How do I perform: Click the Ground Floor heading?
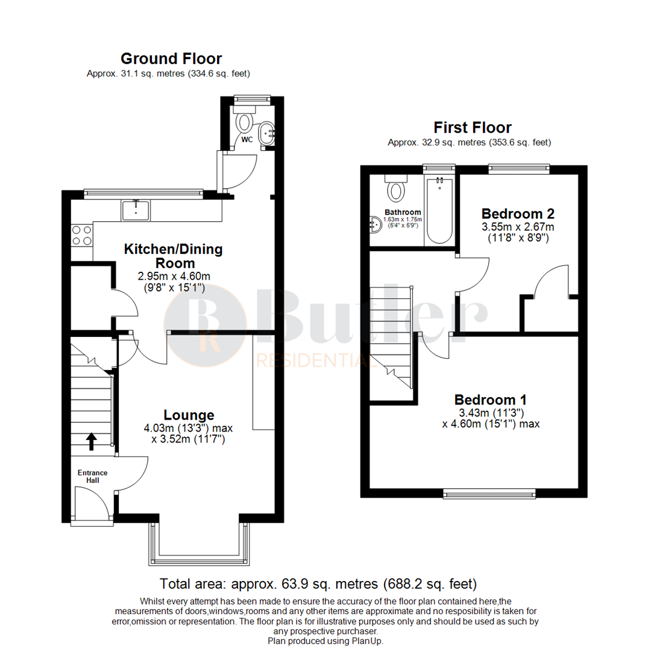(x=171, y=58)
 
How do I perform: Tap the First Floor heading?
(x=473, y=127)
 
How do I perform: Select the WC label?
(x=247, y=140)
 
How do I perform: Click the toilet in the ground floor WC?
(x=245, y=122)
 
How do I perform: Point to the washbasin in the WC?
(x=266, y=133)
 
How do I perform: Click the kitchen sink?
(x=137, y=210)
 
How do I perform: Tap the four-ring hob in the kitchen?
(x=82, y=234)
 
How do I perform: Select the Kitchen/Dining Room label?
(x=173, y=256)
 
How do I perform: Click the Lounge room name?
(x=189, y=415)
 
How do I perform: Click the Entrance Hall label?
(x=92, y=476)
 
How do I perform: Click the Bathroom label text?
(x=403, y=212)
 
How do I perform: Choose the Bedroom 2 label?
(x=518, y=213)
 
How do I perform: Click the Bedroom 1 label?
(x=491, y=399)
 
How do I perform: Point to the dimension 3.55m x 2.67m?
(x=518, y=227)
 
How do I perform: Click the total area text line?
(x=318, y=583)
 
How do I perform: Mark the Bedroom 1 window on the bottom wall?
(x=489, y=494)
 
